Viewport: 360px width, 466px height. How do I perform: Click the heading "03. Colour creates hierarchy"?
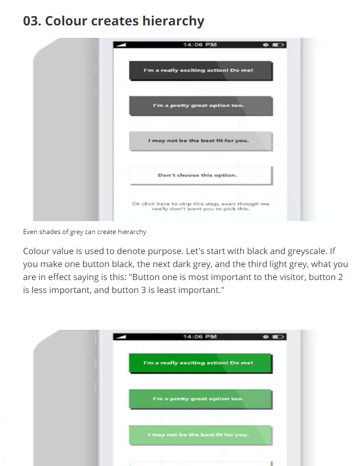point(114,21)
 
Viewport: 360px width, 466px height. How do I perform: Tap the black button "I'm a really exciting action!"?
point(201,71)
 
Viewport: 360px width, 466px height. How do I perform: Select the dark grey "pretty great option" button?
point(201,105)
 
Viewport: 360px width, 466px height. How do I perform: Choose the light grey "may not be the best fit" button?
point(201,141)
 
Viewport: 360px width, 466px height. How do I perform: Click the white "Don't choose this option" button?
point(201,175)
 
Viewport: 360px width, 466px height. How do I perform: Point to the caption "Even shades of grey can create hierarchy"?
point(84,232)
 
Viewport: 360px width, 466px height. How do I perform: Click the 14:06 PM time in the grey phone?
point(200,44)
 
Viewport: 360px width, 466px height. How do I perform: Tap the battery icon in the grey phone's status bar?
point(278,44)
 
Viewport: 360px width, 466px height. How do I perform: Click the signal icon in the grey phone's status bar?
point(121,44)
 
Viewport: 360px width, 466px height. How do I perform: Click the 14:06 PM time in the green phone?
point(200,336)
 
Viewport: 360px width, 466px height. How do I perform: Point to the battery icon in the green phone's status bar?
point(278,336)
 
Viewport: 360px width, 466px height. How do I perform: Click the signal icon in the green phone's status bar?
point(121,336)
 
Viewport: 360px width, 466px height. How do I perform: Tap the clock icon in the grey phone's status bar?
point(266,44)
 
